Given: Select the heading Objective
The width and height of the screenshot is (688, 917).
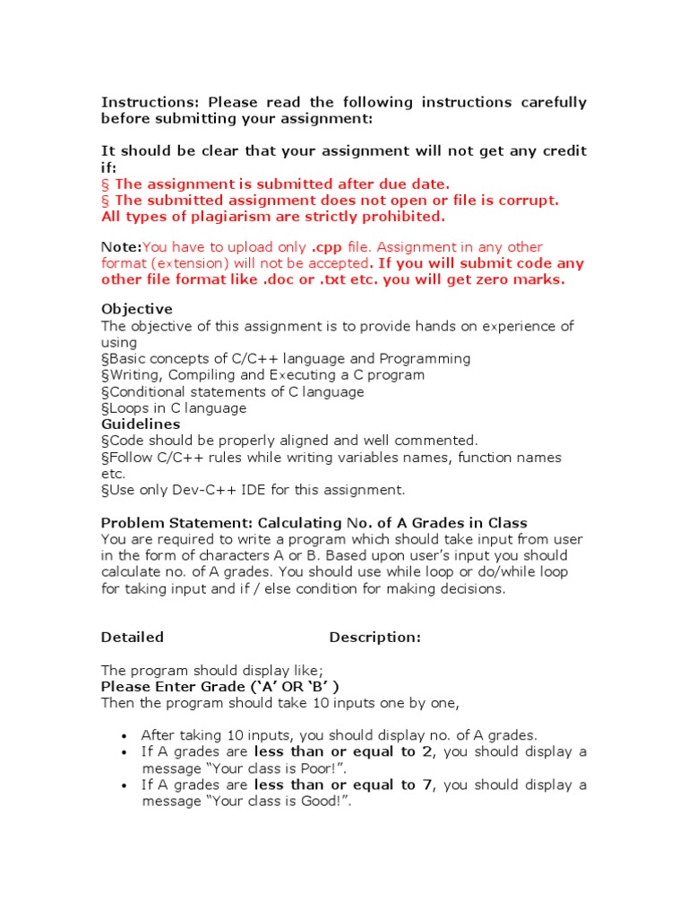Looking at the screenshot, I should pos(137,309).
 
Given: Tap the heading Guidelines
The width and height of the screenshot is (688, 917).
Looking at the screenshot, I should pos(141,424).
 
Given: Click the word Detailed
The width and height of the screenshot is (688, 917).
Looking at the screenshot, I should pos(133,638).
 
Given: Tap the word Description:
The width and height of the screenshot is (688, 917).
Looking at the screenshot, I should pos(374,638).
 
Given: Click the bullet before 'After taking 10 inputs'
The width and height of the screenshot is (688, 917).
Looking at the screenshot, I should pos(123,736).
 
